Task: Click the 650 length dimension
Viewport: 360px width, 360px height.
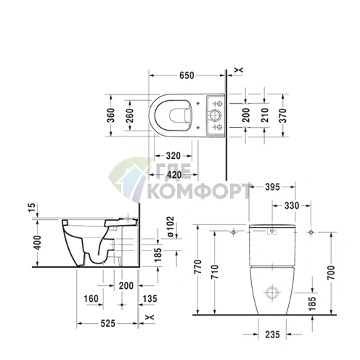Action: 187,75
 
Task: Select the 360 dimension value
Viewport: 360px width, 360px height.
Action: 111,115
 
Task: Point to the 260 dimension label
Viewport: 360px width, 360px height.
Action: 130,115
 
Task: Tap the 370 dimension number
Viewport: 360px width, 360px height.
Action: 282,115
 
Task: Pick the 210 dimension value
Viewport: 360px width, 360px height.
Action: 265,115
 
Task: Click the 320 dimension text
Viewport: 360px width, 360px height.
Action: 173,156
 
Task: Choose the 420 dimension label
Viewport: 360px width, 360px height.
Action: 174,174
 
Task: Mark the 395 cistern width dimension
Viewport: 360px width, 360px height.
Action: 272,187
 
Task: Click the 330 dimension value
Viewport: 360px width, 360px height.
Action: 292,205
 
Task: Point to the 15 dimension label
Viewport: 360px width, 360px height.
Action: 32,208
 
